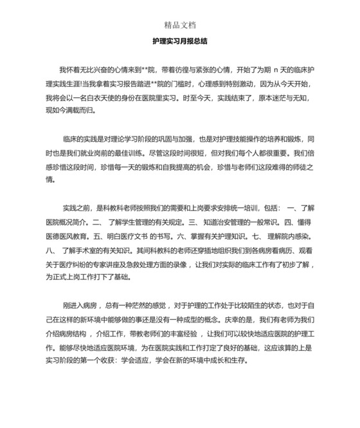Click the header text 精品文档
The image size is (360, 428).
pos(179,26)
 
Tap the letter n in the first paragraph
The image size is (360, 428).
pos(274,68)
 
